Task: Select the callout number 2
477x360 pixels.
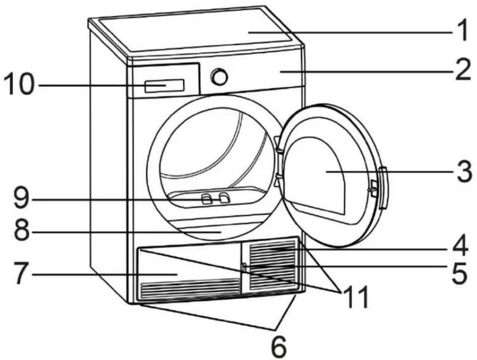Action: pos(463,70)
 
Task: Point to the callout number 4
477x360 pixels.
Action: pos(460,246)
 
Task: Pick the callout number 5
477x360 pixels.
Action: pos(459,273)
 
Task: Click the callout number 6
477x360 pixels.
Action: pos(279,347)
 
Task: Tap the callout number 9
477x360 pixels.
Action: pos(22,199)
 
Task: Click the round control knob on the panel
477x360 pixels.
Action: pos(220,77)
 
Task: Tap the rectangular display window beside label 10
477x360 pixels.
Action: pos(165,86)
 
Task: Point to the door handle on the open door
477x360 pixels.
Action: pos(383,188)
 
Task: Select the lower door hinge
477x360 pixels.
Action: pos(278,180)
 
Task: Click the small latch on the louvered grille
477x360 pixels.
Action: pos(243,267)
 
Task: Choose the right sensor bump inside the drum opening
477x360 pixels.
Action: pos(224,198)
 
